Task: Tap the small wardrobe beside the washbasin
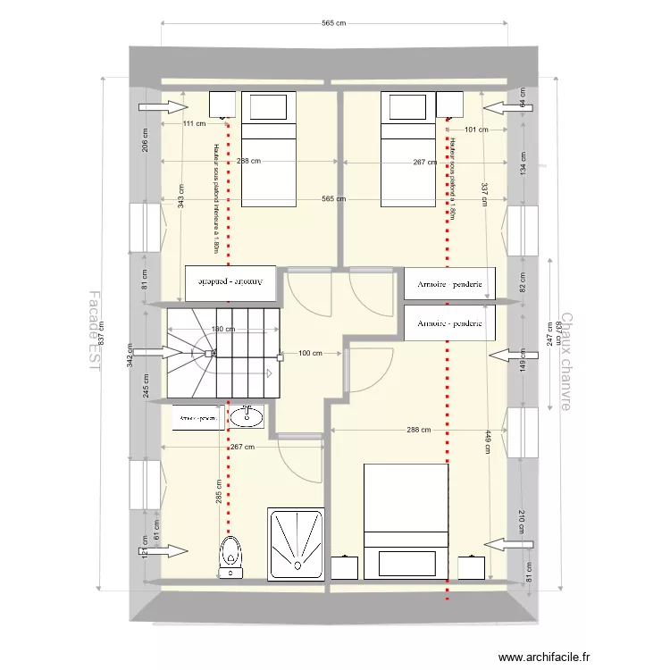point(198,417)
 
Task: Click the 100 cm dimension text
point(310,354)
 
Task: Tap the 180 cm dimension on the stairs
point(223,330)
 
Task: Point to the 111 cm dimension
point(194,124)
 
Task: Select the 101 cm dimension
point(476,130)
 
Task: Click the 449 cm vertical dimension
point(487,443)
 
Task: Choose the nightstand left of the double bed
point(345,567)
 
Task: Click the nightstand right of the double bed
point(471,567)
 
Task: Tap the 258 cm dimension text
point(249,162)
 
